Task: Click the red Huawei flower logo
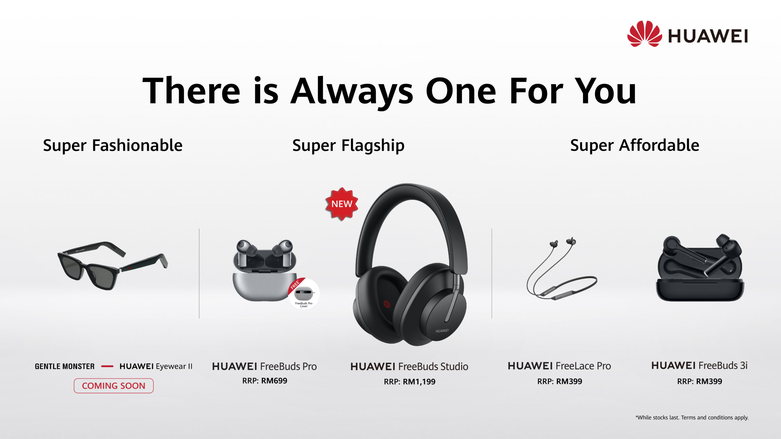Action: point(645,34)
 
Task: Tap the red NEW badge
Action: point(342,204)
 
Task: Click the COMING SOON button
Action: point(113,386)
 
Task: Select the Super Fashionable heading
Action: point(113,145)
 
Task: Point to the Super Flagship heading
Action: point(348,145)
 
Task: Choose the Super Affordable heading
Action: point(635,145)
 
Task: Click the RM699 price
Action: point(274,381)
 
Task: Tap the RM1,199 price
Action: point(419,382)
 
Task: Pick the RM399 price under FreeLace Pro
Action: point(569,381)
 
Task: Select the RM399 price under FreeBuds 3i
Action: point(709,381)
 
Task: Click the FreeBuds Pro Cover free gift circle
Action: point(304,293)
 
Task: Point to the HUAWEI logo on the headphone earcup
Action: point(442,331)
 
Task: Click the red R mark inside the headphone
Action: point(387,304)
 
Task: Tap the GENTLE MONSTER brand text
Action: point(65,366)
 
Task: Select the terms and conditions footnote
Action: point(692,418)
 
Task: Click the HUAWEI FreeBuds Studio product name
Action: point(409,366)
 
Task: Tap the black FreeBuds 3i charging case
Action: point(700,268)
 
